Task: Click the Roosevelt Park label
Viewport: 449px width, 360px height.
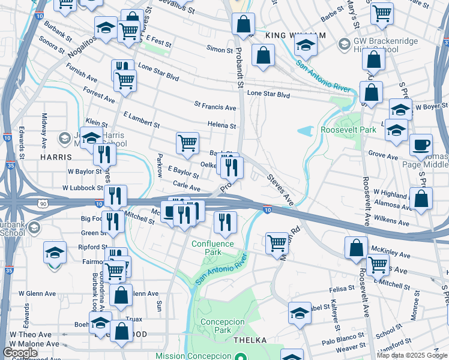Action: [348, 130]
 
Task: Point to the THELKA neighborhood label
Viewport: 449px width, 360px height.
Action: [252, 340]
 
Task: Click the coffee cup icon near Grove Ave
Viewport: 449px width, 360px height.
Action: [421, 145]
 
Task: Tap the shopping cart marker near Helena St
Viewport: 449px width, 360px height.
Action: [187, 143]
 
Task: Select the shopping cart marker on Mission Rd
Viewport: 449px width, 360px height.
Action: [276, 243]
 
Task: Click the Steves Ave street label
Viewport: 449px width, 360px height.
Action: [280, 189]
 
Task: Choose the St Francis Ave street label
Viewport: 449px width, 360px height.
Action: [215, 107]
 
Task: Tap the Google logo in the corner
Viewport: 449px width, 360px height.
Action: [20, 353]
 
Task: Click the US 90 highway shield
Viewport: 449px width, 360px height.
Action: [44, 205]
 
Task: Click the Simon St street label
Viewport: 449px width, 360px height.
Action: [219, 47]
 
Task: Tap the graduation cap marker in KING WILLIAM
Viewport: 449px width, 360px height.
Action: [306, 44]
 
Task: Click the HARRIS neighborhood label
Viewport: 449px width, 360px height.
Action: [56, 157]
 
